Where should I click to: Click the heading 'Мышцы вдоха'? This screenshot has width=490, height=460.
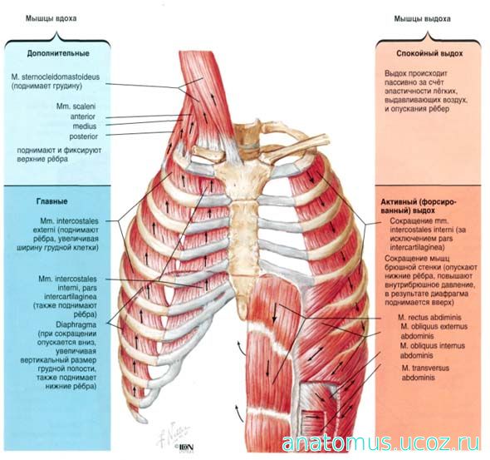click(51, 18)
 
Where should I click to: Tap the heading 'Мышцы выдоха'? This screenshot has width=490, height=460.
click(422, 19)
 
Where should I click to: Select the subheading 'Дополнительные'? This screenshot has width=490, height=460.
click(58, 53)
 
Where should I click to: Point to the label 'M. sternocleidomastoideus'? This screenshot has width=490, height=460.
click(56, 77)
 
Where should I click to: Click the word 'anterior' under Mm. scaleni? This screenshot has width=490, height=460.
click(82, 116)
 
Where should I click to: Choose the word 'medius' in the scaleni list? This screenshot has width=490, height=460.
click(85, 126)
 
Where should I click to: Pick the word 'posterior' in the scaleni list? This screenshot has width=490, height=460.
click(83, 136)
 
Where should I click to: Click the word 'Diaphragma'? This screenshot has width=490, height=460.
click(76, 324)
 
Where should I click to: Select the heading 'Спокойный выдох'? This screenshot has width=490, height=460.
click(429, 53)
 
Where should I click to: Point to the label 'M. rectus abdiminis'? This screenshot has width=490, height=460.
click(429, 317)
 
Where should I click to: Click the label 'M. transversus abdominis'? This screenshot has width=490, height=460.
click(425, 373)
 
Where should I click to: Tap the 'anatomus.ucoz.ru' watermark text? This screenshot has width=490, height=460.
click(380, 443)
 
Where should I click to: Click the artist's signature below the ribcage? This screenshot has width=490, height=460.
click(173, 432)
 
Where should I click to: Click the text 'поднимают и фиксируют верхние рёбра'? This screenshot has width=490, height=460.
click(59, 155)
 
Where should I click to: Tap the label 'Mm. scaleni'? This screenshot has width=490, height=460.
click(76, 106)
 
